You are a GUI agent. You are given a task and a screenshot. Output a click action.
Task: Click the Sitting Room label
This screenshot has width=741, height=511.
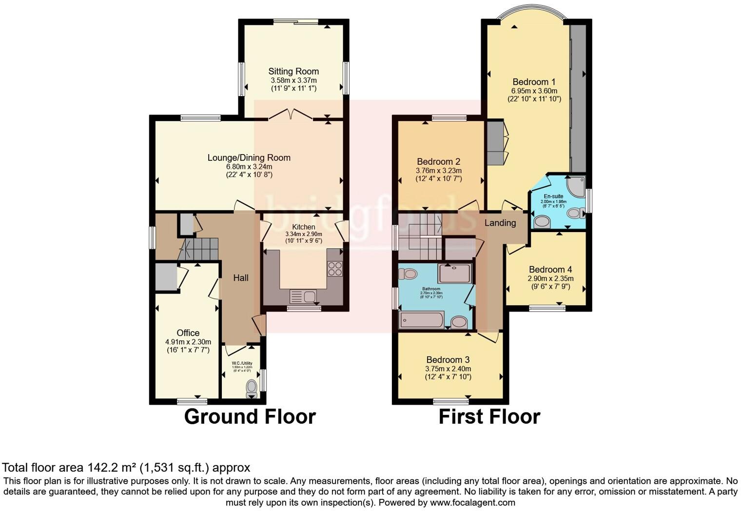click(293, 71)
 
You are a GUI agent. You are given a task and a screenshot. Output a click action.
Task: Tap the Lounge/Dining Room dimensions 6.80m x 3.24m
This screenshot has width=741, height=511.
click(249, 166)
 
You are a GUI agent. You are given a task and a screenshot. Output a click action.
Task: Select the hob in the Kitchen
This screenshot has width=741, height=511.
click(335, 269)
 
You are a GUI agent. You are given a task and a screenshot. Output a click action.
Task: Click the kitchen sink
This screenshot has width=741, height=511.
click(303, 296)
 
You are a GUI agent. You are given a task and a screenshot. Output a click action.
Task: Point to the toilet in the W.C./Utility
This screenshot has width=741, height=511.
click(252, 388)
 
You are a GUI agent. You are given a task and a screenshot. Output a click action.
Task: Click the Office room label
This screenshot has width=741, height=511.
click(188, 333)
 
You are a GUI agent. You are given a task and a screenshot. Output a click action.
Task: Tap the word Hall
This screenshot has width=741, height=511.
click(241, 278)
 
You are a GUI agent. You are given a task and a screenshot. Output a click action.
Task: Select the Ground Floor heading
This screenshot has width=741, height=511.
click(250, 417)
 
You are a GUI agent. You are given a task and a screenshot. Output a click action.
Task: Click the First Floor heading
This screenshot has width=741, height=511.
click(489, 417)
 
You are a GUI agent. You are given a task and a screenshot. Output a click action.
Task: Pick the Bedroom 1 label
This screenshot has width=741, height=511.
click(534, 82)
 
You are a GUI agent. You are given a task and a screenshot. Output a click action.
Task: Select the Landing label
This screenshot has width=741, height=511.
click(500, 223)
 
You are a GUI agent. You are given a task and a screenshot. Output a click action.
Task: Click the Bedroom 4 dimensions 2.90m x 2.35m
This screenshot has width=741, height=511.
click(550, 278)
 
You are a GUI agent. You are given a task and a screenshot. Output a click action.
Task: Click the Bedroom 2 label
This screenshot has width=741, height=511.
click(438, 161)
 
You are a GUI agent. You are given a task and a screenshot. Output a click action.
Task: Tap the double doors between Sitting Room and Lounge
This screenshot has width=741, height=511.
click(291, 115)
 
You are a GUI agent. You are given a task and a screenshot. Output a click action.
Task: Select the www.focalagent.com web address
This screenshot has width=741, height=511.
click(472, 502)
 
